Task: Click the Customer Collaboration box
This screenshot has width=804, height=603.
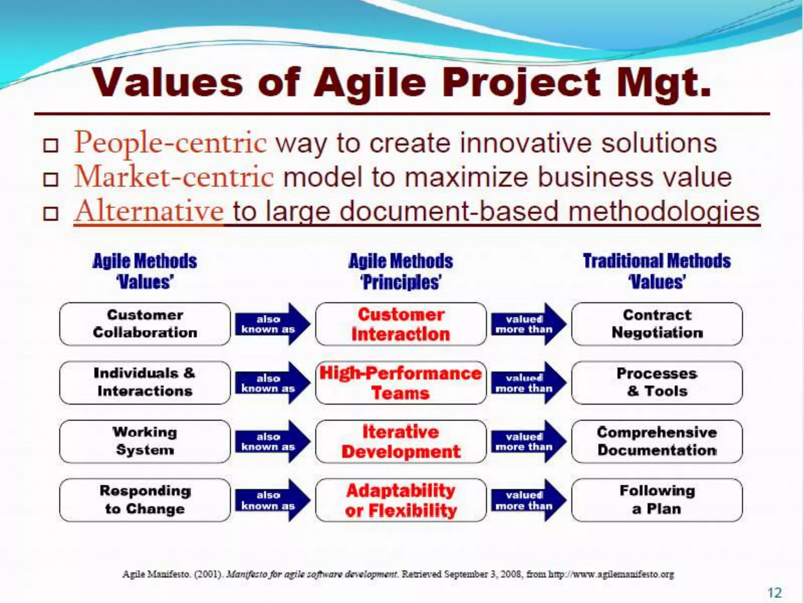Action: point(145,324)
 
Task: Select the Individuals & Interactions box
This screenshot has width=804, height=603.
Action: point(145,382)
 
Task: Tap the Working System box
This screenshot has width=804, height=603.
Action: point(145,441)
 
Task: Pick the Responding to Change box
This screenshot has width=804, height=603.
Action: point(145,500)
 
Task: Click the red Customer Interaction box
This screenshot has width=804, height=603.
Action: point(401,324)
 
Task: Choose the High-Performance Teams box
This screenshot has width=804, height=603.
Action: point(401,382)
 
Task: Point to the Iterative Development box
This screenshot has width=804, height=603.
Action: point(401,441)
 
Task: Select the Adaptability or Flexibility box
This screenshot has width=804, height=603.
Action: point(401,500)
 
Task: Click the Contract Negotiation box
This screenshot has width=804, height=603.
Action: point(657,324)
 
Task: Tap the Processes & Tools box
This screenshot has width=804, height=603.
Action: point(657,382)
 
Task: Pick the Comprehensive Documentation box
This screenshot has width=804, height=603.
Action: point(657,441)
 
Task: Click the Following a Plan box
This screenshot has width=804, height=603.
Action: point(657,500)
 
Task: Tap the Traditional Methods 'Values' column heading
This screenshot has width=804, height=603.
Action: point(657,271)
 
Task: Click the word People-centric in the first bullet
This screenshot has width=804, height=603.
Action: point(170,143)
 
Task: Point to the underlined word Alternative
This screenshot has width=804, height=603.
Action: point(149,211)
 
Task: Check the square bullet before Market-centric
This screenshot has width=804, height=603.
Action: point(51,180)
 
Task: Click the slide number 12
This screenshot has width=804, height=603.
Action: point(775,592)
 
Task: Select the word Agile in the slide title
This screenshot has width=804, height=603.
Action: point(370,83)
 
